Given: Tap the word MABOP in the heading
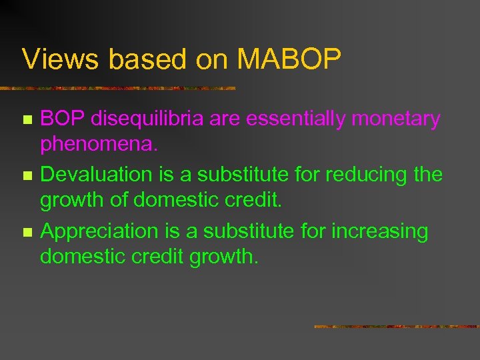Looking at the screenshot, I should coord(289,59).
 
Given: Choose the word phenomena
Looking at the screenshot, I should coord(98,144).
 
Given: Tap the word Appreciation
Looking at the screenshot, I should coord(99,231).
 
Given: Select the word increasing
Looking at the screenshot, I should coord(380,231).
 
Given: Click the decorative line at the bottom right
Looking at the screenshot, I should coord(396,327).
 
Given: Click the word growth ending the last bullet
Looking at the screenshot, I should coord(223,257).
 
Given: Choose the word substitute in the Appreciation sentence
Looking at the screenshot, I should coord(231,231).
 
